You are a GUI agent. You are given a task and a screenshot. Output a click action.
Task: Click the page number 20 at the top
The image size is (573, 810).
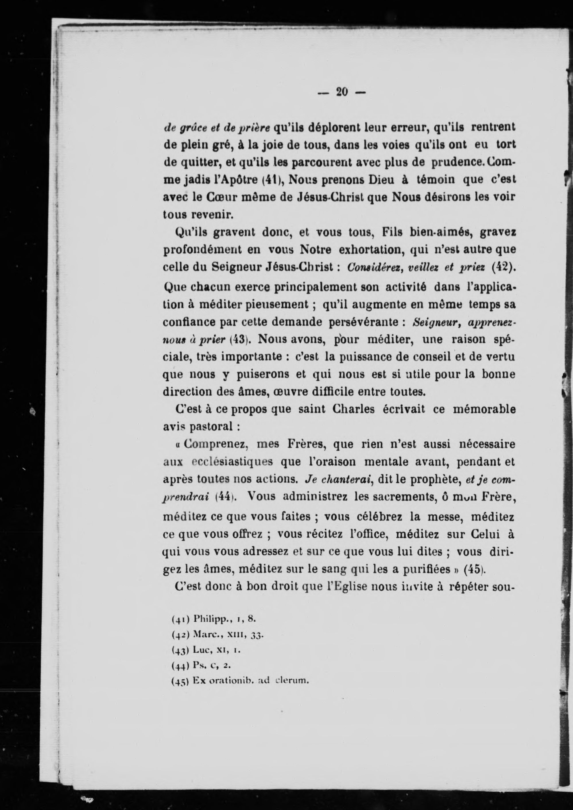click(x=342, y=92)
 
